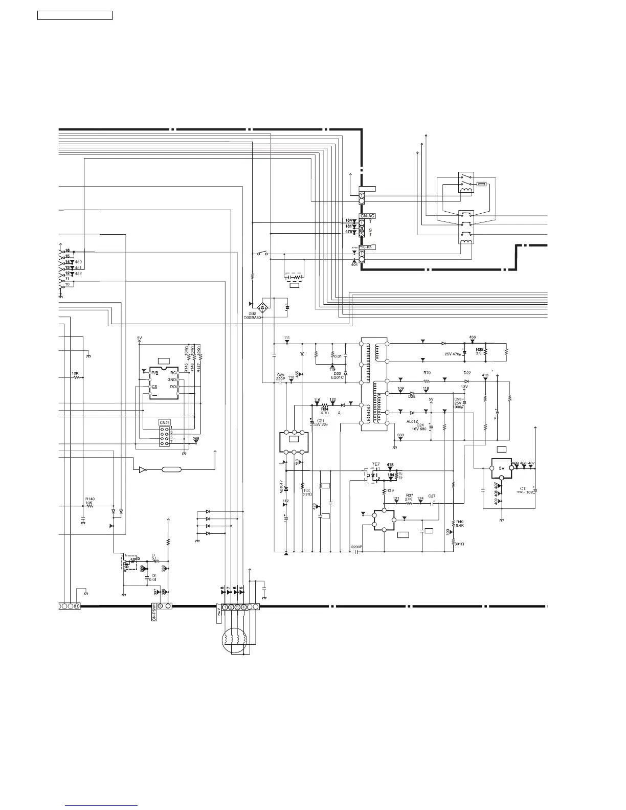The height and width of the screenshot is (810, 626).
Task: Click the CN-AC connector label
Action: [x=368, y=216]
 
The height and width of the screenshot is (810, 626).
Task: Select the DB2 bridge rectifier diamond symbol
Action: [x=263, y=307]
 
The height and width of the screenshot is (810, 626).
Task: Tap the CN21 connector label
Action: [x=164, y=422]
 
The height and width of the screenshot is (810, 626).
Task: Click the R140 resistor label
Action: [x=90, y=499]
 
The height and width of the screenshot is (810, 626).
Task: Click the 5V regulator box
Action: [x=502, y=468]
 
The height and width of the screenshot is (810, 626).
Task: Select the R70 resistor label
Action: [x=427, y=373]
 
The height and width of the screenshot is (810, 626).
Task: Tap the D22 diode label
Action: [x=467, y=373]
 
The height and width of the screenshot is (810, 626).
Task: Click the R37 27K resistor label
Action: [x=409, y=495]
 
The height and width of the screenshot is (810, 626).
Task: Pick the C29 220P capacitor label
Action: [x=281, y=377]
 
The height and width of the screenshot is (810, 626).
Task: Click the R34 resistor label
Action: [x=324, y=409]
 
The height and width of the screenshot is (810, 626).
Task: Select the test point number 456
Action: [x=473, y=337]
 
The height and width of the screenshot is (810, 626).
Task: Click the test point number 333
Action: [x=400, y=435]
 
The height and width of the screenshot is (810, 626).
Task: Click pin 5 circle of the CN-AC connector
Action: [x=362, y=234]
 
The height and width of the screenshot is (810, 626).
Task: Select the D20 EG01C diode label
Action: [x=337, y=375]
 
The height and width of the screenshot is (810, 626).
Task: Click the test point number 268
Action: [x=196, y=439]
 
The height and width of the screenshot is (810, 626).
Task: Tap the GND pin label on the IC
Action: [x=172, y=380]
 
